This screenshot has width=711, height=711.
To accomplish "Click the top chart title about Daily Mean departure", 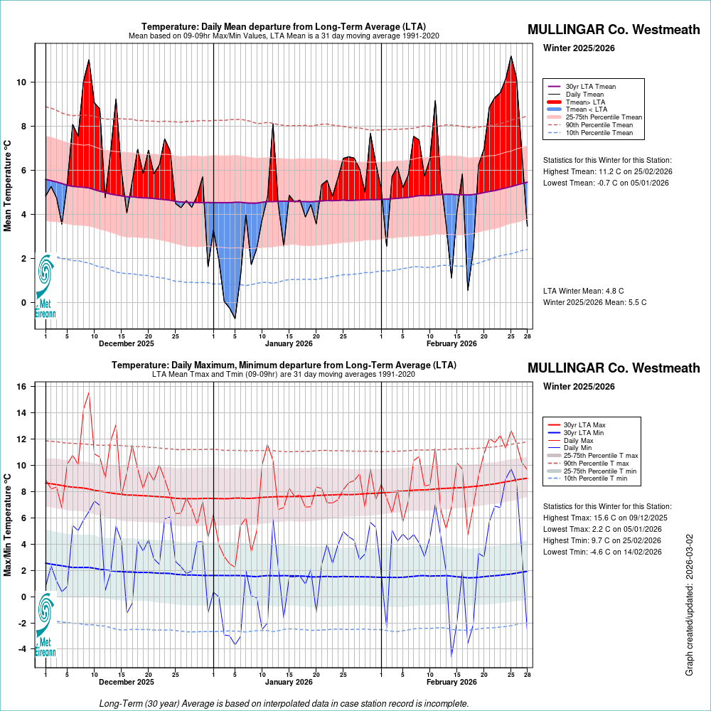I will [283, 26].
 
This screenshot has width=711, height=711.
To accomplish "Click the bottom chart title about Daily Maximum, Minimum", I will [283, 365].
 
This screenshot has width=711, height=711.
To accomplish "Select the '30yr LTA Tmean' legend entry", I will [590, 87].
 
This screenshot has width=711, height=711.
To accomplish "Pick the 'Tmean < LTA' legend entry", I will [586, 109].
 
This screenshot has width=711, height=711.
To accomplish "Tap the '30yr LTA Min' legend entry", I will [584, 432].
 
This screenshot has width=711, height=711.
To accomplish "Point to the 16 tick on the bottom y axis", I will [21, 387].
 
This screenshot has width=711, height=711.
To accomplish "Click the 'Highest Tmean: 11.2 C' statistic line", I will [606, 171].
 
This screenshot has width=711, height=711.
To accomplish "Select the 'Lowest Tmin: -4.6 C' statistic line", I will [602, 552].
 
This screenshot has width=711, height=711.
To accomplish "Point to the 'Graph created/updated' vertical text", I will [690, 604].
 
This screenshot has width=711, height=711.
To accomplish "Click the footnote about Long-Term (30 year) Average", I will [284, 703].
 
